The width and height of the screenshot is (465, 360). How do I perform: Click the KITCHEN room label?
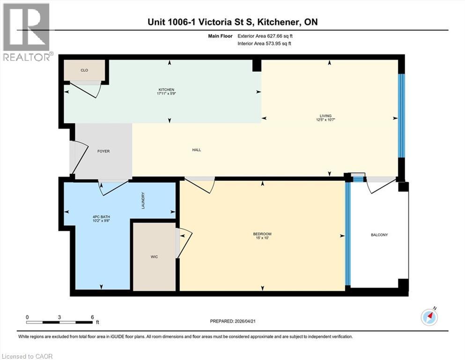coord(166,90)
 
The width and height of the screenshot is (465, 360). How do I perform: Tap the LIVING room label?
coord(325,116)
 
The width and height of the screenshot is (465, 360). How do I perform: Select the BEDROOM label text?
coord(262,234)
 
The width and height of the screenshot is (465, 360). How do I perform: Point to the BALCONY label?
coord(379,235)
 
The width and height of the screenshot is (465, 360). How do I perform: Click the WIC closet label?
coord(154,257)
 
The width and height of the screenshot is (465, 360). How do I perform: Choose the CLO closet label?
coord(84,70)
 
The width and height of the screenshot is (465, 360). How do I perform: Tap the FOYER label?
coord(103,151)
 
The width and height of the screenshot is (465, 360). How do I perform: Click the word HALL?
coord(196,150)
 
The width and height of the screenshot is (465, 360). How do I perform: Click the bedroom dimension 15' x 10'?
coord(262,239)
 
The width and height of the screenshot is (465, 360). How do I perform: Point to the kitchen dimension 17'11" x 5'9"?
coord(166,94)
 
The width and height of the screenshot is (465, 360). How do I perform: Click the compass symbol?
coord(429,317)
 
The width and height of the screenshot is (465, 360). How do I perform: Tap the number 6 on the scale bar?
coord(92,317)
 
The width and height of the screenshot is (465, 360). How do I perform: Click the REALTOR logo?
coord(26,32)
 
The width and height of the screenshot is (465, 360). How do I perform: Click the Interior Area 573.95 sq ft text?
coord(265,44)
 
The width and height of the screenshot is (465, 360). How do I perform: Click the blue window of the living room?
coord(401,116)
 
